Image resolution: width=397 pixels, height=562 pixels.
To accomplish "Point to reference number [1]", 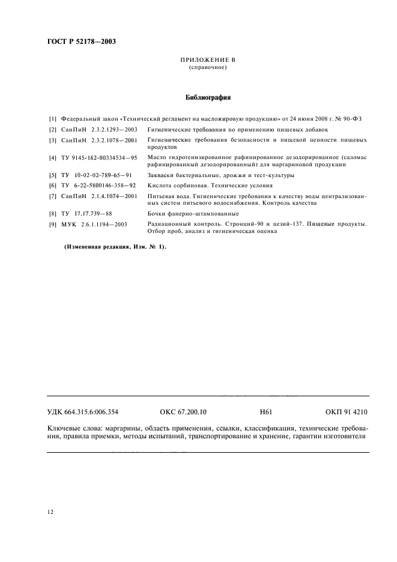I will click(52, 119).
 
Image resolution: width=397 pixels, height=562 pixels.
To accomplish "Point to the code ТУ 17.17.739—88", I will click(86, 213).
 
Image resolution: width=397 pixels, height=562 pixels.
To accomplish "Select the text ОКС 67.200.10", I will click(183, 412).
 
